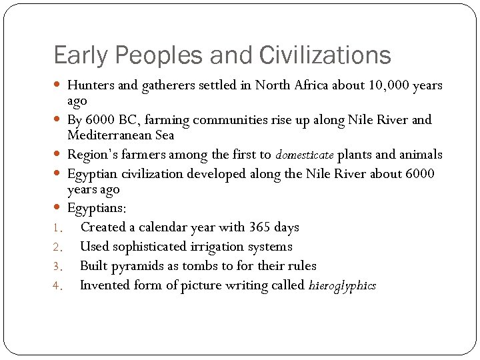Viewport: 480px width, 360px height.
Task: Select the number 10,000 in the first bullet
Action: tap(389, 85)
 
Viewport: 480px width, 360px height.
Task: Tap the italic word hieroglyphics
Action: tap(343, 286)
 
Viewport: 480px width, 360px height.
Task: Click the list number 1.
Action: tap(57, 228)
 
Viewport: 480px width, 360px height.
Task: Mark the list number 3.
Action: tap(57, 267)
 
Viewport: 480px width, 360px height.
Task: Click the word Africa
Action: tap(339, 85)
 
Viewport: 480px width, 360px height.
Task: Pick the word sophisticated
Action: tap(150, 247)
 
